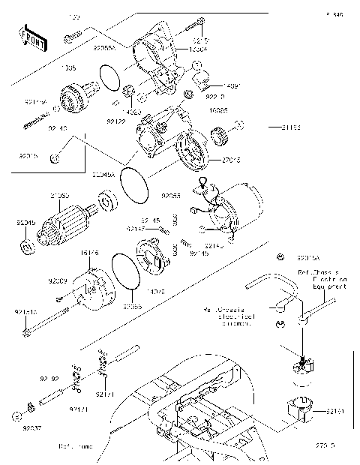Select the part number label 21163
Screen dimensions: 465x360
[x=292, y=128]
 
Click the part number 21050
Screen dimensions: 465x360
[x=60, y=196]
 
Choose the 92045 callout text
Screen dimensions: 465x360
[x=25, y=223]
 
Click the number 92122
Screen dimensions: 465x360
[x=115, y=120]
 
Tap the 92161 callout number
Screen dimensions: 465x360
[x=335, y=412]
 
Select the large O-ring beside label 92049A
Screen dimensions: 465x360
[x=135, y=184]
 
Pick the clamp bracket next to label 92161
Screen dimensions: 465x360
[x=301, y=412]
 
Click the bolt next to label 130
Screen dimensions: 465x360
[x=73, y=34]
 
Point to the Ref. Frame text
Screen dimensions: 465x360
[x=76, y=446]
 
